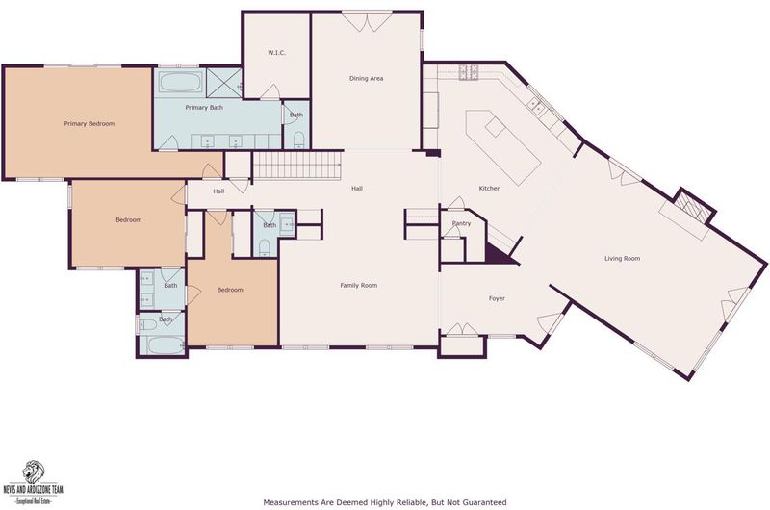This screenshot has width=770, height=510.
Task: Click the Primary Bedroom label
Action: coord(89,124)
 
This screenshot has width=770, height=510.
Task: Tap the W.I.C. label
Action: coord(276,53)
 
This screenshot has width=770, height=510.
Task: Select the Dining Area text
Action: coord(366,78)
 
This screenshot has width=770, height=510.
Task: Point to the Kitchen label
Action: coord(490,188)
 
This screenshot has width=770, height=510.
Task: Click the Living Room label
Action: coord(622,258)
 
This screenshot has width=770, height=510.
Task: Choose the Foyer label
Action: coord(497,298)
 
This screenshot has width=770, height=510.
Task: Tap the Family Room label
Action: coord(358,285)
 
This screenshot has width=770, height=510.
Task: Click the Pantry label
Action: coord(461,223)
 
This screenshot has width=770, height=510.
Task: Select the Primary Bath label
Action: coord(204,107)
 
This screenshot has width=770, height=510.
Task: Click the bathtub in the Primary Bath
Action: coord(181,82)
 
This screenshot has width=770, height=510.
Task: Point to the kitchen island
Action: coord(503,147)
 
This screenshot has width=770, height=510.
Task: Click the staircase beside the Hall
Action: coord(297,166)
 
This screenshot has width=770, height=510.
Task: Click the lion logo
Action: coord(33,472)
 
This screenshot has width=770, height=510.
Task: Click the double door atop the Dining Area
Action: coord(367,21)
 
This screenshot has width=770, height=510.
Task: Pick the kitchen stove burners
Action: coord(469,72)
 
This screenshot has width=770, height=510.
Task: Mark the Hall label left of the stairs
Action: coord(218,191)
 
